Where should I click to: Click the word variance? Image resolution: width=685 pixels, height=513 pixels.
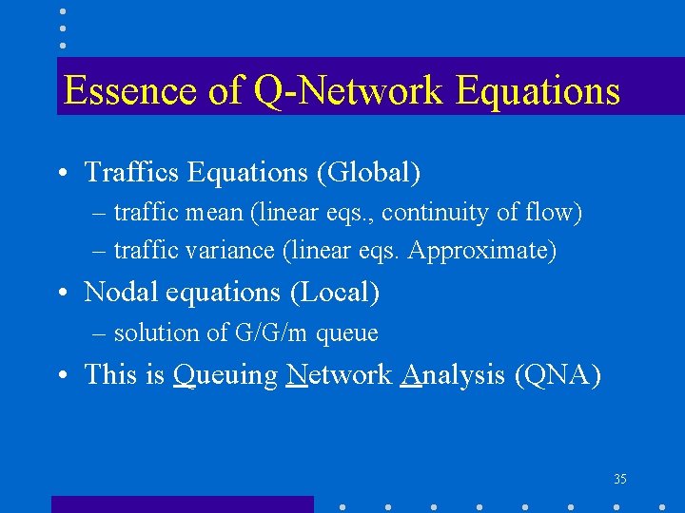[x=228, y=251]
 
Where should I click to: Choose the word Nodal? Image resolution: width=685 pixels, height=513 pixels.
[x=113, y=293]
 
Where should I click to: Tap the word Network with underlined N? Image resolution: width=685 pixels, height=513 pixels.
[x=339, y=374]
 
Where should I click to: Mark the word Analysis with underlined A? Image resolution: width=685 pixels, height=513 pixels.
[x=453, y=375]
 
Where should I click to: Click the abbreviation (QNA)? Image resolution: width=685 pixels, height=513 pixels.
[x=558, y=375]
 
